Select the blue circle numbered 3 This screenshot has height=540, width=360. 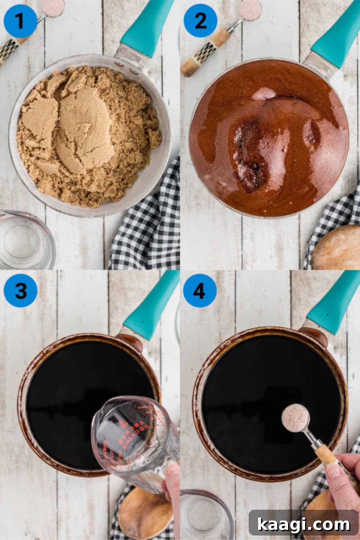[20, 290]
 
